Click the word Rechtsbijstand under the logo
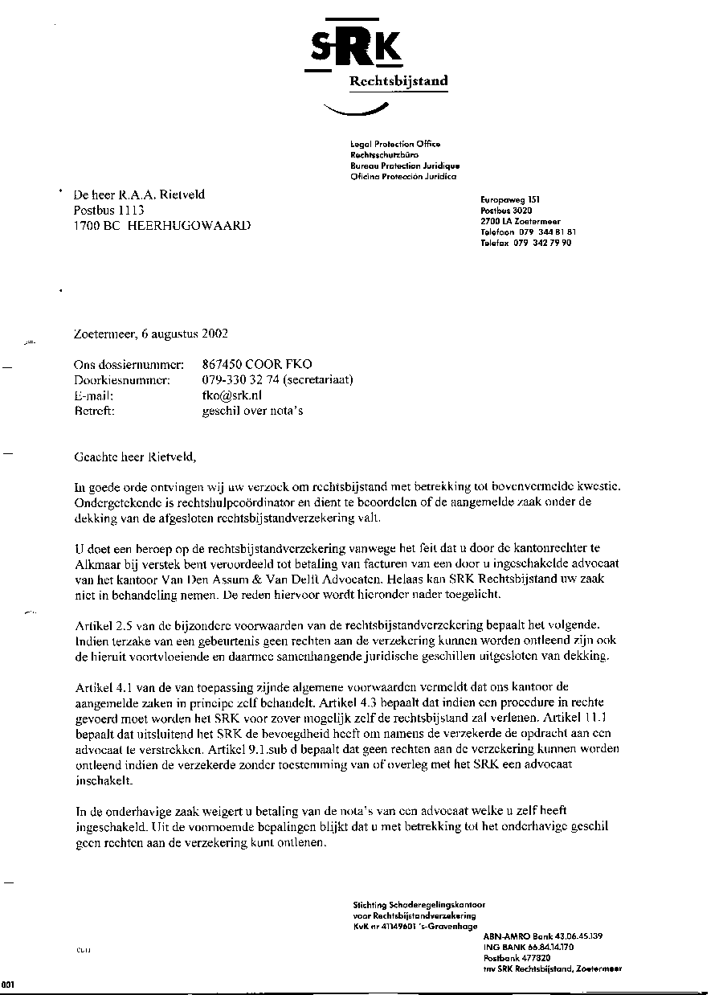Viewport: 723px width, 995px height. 398,81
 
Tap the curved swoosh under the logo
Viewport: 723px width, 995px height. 354,109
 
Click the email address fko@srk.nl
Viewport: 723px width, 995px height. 232,395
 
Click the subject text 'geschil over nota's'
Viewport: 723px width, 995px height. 252,411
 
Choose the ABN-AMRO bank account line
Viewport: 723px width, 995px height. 542,936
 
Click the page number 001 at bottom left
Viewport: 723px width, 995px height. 7,985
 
